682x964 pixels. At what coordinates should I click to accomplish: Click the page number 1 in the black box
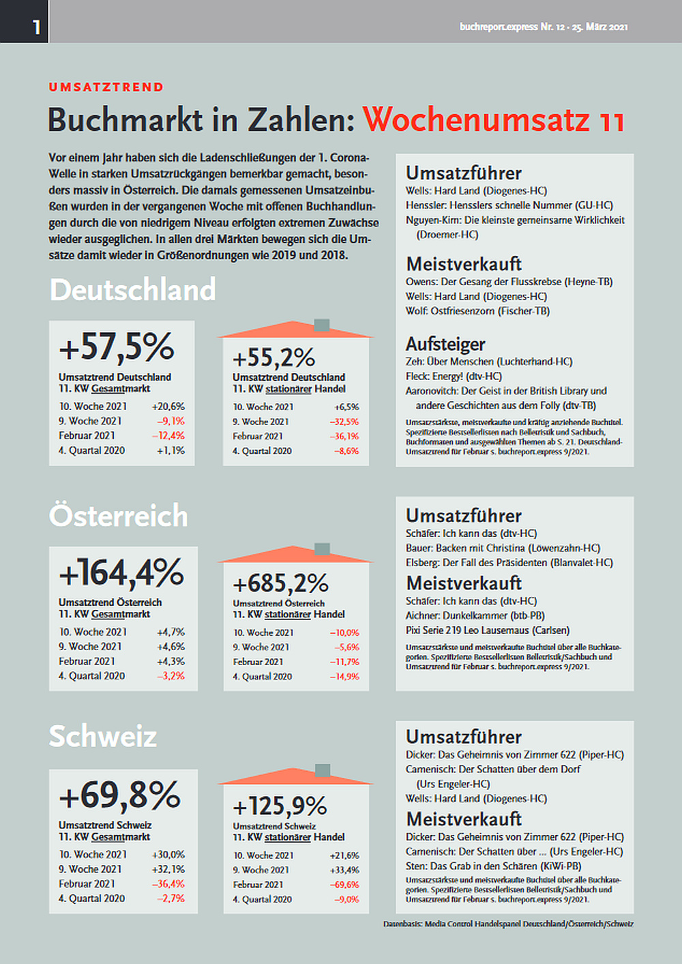36,27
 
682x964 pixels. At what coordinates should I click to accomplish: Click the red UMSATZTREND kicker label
106,87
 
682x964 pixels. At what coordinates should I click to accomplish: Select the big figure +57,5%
117,347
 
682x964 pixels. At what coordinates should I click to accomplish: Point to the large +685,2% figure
280,584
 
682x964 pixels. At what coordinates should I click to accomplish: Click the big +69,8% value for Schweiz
120,795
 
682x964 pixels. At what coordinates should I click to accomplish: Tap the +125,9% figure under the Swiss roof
280,806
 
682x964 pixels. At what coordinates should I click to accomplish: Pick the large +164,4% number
121,572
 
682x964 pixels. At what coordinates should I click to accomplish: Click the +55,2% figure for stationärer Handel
273,357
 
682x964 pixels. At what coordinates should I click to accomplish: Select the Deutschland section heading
133,290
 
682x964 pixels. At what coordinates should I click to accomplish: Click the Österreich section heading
119,516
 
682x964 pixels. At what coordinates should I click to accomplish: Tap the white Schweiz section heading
103,736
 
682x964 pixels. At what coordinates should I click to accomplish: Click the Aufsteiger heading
445,344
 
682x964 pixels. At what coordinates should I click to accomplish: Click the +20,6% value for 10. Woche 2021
168,406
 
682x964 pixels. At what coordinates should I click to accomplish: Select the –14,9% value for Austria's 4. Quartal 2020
344,677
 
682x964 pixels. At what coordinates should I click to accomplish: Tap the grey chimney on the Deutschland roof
322,325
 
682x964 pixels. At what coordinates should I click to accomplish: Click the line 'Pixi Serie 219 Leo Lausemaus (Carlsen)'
488,630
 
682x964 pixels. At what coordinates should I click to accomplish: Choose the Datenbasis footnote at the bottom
508,924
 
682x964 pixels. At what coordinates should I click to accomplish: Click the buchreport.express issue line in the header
544,27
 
